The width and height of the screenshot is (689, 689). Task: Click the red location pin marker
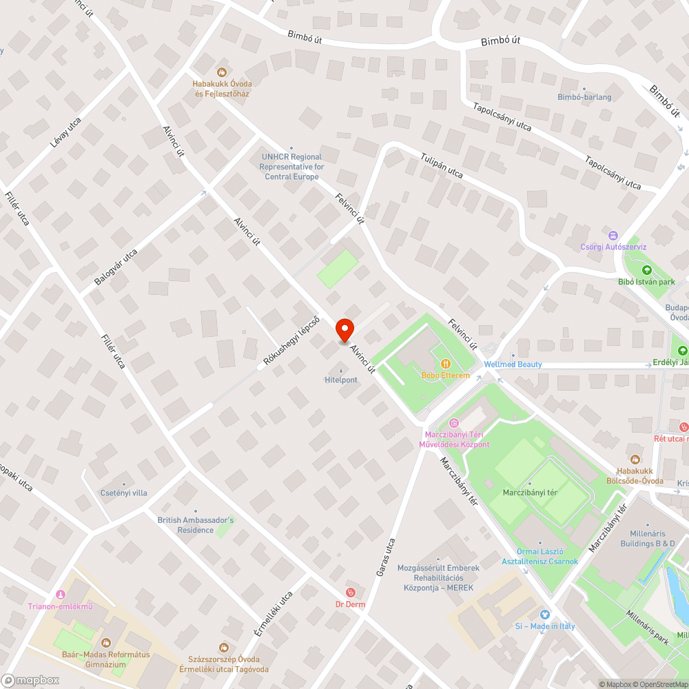[x=344, y=330]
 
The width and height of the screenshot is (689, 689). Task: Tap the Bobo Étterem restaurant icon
[x=446, y=363]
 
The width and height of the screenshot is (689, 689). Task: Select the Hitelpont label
[x=341, y=380]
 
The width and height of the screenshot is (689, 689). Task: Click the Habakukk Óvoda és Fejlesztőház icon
[x=221, y=72]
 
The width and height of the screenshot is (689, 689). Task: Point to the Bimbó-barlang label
[x=584, y=97]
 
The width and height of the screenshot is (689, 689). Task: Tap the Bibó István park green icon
[x=646, y=269]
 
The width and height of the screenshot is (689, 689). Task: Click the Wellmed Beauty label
[x=513, y=364]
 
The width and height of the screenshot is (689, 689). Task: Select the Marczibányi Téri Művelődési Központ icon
[x=453, y=423]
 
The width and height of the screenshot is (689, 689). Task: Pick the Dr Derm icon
[x=350, y=593]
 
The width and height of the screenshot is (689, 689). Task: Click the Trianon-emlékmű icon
[x=60, y=595]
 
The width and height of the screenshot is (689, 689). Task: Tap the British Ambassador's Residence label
[x=196, y=525]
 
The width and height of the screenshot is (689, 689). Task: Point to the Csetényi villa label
[x=124, y=493]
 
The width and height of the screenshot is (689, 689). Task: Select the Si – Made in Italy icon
[x=544, y=615]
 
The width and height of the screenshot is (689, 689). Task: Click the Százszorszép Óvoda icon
[x=224, y=648]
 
